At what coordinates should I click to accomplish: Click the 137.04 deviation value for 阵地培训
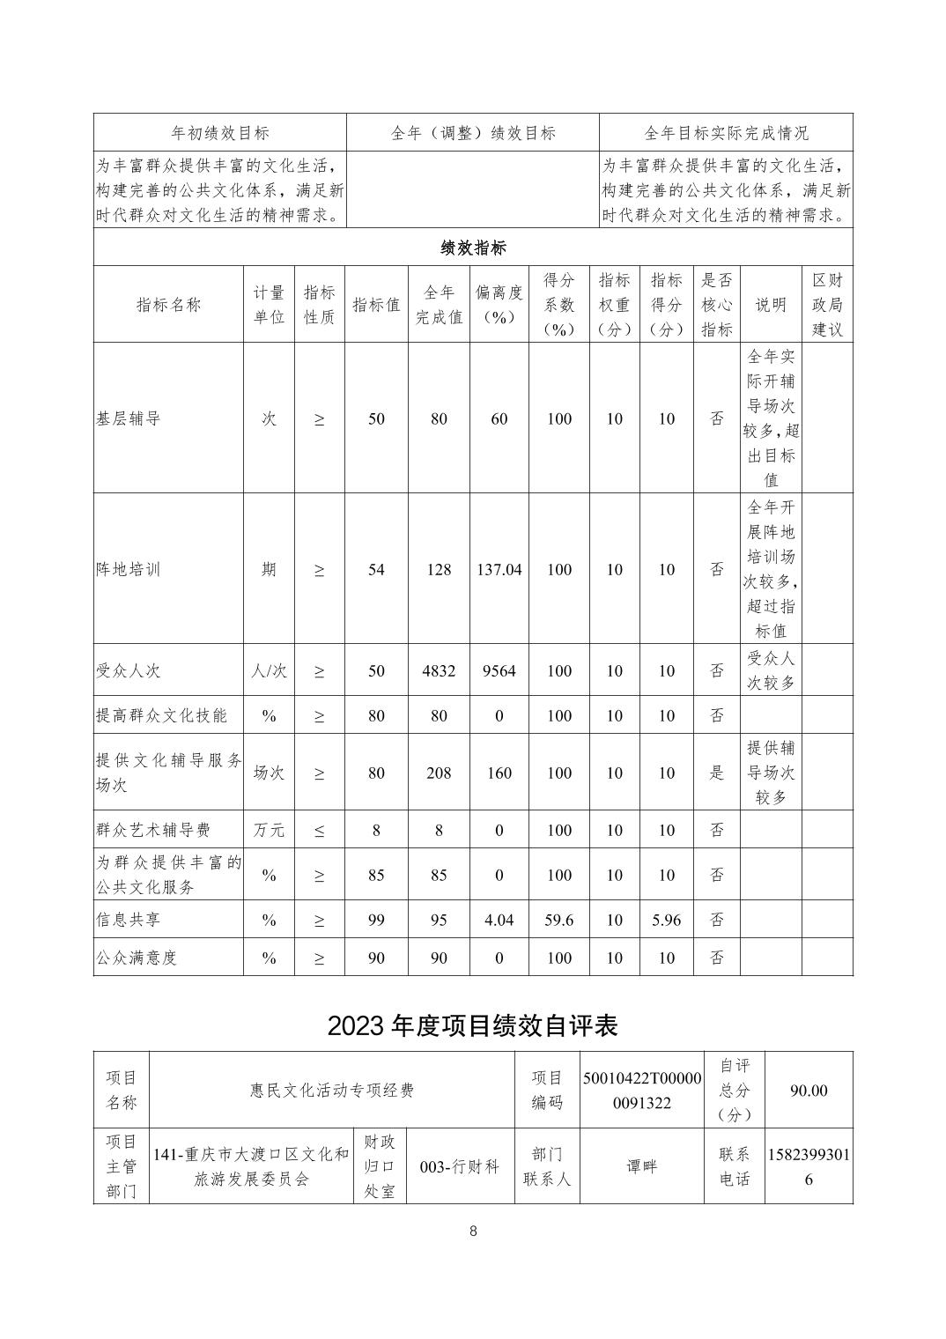click(499, 570)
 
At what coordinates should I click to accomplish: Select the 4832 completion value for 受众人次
click(439, 670)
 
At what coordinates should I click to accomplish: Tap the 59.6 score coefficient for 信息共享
click(558, 920)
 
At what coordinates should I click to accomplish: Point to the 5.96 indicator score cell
click(666, 920)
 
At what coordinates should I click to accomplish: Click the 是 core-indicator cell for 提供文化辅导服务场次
click(717, 773)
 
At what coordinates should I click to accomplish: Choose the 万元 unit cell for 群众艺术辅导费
click(269, 830)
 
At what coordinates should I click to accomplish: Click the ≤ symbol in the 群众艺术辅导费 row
click(319, 830)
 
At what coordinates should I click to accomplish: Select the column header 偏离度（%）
click(499, 305)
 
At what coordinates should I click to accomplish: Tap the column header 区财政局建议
click(827, 305)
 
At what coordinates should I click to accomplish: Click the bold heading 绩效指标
click(473, 248)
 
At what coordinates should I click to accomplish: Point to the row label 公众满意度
click(137, 958)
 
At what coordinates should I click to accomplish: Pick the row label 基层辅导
click(129, 419)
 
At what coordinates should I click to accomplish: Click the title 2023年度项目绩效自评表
click(473, 1025)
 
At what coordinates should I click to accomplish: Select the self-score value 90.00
click(809, 1091)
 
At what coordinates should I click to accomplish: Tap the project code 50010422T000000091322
click(642, 1091)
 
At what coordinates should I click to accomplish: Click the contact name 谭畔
click(642, 1166)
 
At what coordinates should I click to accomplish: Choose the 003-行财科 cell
click(460, 1166)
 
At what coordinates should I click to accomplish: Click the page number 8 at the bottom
click(473, 1232)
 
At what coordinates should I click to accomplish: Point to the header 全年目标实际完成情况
click(726, 133)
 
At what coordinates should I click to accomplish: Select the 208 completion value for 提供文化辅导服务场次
click(439, 773)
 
